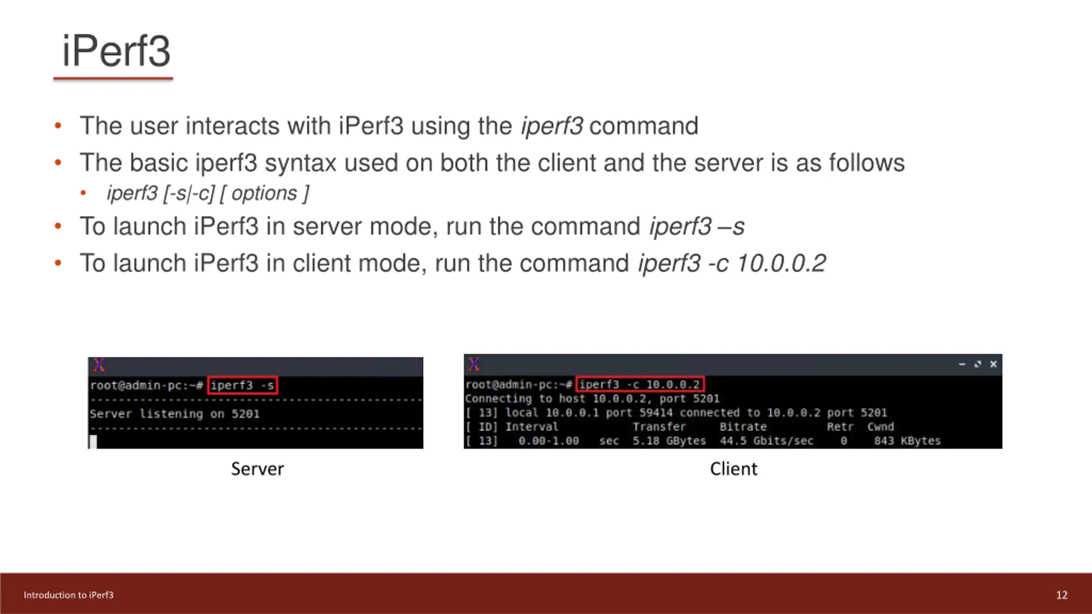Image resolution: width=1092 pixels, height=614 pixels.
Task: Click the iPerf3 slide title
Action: pyautogui.click(x=116, y=51)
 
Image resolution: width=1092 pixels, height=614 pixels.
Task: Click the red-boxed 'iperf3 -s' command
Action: pyautogui.click(x=242, y=385)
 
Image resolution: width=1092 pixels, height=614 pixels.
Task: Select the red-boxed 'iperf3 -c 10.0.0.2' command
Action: pyautogui.click(x=639, y=385)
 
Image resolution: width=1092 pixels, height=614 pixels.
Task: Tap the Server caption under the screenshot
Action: pyautogui.click(x=257, y=469)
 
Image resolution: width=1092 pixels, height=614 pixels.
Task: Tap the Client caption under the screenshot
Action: pyautogui.click(x=733, y=469)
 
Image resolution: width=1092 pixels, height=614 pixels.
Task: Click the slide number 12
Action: pyautogui.click(x=1061, y=595)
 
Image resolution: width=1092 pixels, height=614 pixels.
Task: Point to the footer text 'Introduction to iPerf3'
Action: pyautogui.click(x=69, y=595)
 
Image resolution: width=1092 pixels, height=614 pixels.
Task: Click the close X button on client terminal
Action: pyautogui.click(x=993, y=364)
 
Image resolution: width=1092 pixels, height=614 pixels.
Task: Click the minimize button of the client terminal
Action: pyautogui.click(x=962, y=364)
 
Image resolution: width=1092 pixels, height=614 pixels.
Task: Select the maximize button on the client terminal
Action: pyautogui.click(x=978, y=364)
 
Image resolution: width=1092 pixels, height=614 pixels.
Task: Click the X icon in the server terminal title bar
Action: pyautogui.click(x=99, y=365)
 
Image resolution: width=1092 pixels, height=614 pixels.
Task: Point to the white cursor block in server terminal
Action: pyautogui.click(x=93, y=441)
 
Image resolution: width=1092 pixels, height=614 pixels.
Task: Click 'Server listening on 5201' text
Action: pyautogui.click(x=174, y=414)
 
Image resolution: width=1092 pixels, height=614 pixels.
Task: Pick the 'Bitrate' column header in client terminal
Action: pyautogui.click(x=743, y=427)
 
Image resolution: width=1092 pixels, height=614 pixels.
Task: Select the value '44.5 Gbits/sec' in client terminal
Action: pyautogui.click(x=766, y=441)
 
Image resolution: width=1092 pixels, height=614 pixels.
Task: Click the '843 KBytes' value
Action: pyautogui.click(x=907, y=441)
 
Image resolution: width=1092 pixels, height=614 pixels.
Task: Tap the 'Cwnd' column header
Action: pyautogui.click(x=880, y=427)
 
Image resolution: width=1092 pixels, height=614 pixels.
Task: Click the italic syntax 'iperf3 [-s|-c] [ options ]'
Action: pyautogui.click(x=208, y=194)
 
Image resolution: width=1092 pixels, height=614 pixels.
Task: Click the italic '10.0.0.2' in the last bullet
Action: pyautogui.click(x=781, y=263)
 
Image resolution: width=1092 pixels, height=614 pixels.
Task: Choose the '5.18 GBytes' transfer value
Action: pyautogui.click(x=669, y=441)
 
